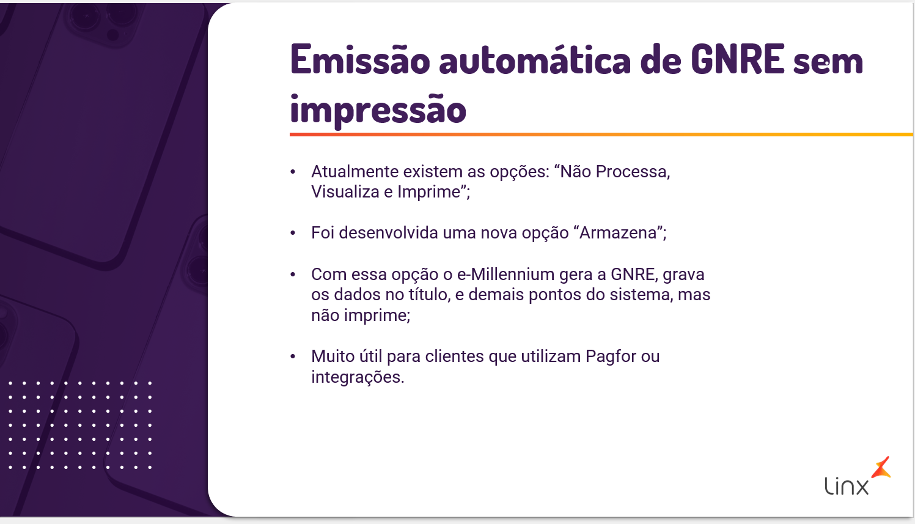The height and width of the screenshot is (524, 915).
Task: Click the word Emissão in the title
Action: [360, 60]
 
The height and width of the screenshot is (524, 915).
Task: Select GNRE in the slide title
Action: [738, 59]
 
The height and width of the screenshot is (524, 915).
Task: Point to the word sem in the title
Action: [828, 63]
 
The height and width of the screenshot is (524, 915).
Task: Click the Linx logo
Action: [858, 476]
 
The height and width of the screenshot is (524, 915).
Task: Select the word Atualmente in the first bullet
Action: [355, 172]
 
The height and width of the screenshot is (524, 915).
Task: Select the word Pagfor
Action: [611, 356]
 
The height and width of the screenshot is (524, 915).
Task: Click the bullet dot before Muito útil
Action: [293, 356]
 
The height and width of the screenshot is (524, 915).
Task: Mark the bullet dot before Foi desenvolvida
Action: [293, 233]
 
